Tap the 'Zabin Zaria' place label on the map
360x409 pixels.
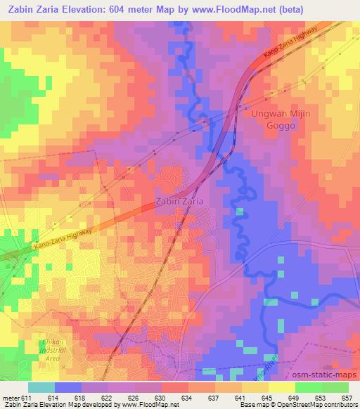pos(179,202)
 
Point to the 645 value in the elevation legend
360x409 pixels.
pos(267,398)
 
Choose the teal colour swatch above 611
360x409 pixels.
pos(41,387)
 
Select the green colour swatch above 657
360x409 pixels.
pos(335,387)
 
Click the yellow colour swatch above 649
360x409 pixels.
pos(282,387)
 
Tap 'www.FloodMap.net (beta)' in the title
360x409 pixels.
pos(252,9)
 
